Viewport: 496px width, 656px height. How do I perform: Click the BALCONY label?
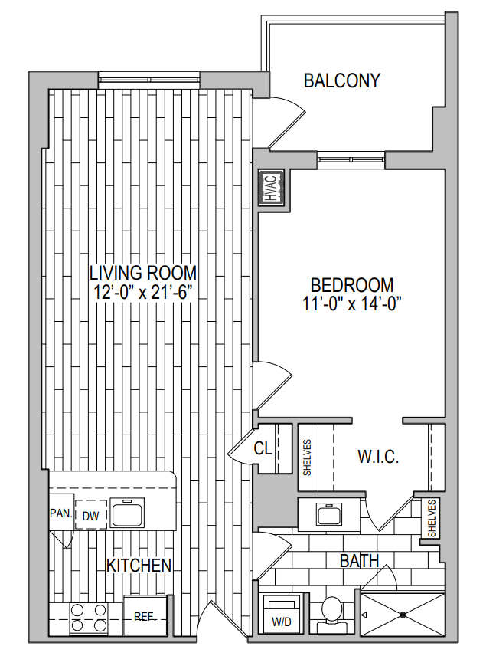click(342, 80)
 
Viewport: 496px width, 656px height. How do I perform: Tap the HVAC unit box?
click(271, 188)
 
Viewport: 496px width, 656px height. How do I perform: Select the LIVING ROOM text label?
click(143, 273)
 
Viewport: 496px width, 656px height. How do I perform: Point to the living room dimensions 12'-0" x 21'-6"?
click(142, 292)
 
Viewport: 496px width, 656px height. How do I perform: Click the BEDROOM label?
click(352, 285)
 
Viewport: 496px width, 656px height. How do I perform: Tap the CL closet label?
click(263, 448)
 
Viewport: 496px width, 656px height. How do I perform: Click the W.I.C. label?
click(378, 457)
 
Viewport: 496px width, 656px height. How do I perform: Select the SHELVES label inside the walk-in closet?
click(307, 458)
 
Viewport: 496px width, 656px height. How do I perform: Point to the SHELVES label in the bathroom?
click(431, 519)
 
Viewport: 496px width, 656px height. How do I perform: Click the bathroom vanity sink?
click(329, 514)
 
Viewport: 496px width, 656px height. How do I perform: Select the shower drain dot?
click(403, 615)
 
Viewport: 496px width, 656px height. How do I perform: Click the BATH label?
click(359, 561)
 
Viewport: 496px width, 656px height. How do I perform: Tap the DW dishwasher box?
click(90, 515)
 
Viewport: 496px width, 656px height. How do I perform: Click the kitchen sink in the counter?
click(127, 513)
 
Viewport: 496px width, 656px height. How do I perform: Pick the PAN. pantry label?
click(61, 513)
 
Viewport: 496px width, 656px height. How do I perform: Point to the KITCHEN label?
click(139, 566)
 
